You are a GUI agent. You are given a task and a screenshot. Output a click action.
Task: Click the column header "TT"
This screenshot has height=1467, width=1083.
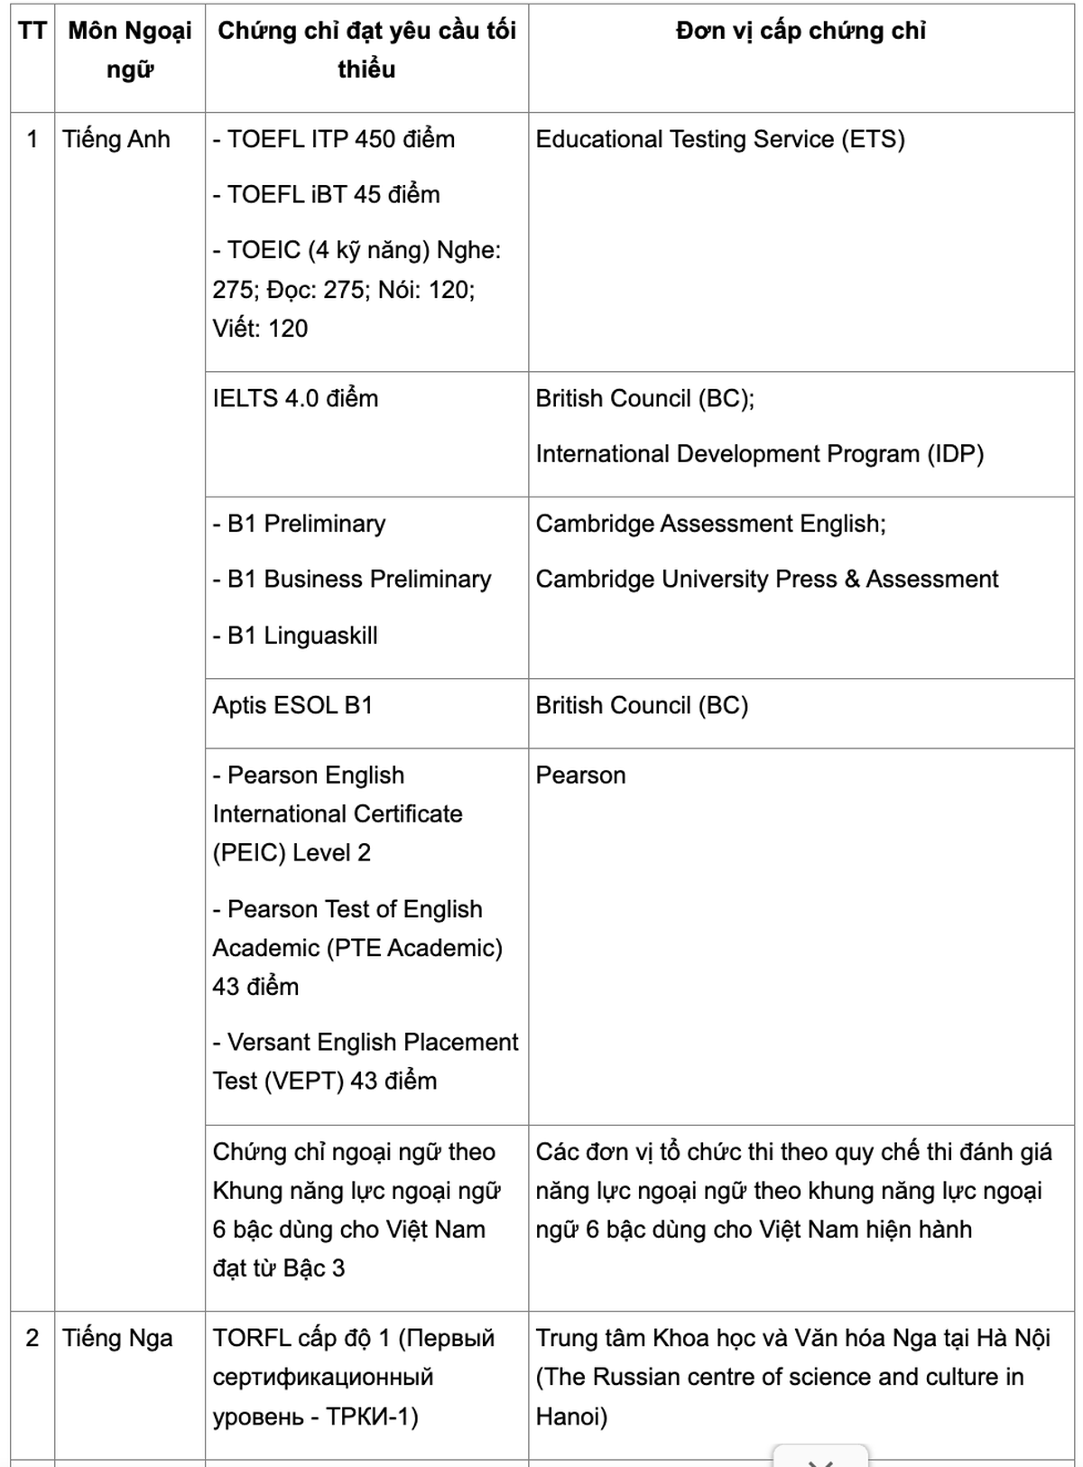coord(32,31)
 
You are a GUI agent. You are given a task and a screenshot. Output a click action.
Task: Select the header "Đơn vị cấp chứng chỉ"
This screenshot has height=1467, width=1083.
coord(801,31)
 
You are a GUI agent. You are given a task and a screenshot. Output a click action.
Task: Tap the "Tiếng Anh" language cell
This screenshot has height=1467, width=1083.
coord(116,139)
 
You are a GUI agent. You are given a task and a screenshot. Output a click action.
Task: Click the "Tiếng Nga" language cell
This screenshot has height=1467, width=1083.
coord(117,1338)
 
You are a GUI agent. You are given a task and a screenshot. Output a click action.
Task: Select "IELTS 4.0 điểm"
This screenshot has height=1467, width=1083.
coord(295,398)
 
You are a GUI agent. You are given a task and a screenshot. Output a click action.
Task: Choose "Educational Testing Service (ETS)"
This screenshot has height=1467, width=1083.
coord(719,139)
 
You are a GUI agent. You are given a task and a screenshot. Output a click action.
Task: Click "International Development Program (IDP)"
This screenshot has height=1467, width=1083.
coord(759,453)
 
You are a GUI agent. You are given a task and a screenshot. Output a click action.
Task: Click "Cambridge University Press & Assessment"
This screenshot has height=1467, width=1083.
coord(766,579)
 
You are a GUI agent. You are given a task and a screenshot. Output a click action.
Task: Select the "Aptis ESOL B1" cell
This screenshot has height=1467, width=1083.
coord(292,705)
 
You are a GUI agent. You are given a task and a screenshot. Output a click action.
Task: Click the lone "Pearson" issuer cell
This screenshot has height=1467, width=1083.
coord(580,775)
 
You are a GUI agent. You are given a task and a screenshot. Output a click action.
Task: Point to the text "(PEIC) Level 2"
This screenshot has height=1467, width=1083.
coord(292,852)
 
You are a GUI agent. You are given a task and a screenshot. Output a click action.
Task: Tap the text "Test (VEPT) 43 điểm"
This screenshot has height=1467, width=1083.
coord(324,1081)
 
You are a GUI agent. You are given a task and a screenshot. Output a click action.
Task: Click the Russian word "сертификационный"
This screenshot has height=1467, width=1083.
coord(323,1377)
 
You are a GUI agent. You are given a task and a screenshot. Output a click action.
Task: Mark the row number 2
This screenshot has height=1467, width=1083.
coord(32,1338)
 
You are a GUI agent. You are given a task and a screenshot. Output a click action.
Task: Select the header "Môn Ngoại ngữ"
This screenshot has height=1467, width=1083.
coord(130,50)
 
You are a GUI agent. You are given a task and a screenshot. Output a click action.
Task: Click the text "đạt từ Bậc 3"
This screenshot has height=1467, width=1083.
coord(278,1268)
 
